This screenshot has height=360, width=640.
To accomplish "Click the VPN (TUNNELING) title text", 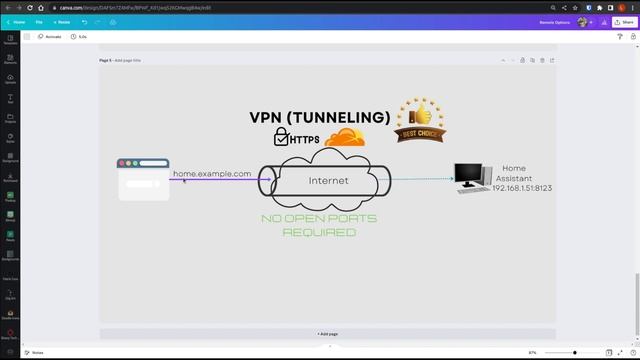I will pos(319,118).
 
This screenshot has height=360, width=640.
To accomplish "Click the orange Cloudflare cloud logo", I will pos(345,137).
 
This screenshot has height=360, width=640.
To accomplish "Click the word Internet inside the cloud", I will pos(328,181).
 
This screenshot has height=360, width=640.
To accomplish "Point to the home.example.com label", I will pos(212,174).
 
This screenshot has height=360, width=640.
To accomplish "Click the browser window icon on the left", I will pos(143,179).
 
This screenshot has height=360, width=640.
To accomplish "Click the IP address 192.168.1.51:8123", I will pos(522,188).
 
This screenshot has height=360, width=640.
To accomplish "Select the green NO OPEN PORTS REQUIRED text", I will pos(319,225).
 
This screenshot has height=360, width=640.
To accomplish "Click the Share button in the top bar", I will pos(618,21).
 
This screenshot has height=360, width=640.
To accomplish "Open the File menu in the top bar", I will pos(39,21).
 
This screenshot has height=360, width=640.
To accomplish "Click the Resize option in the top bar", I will pos(63,21).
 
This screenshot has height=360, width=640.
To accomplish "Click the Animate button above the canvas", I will pos(49,36).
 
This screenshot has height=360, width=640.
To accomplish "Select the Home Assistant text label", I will pos(514,173).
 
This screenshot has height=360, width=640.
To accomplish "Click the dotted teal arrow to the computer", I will pos(420,180).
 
